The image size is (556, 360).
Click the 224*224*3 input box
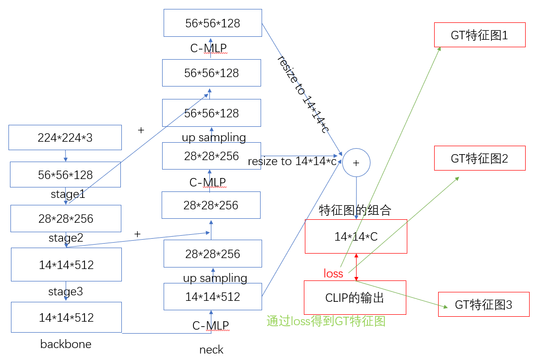point(65,138)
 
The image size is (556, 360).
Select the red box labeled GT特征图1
point(479,35)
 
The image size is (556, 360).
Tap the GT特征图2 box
point(479,159)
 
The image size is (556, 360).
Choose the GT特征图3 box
point(483,304)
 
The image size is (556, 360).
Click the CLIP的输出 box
point(355,298)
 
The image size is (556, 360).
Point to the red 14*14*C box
point(356,237)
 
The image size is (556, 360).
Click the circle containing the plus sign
point(356,163)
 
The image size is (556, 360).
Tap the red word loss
point(333,273)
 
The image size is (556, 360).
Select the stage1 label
point(68,194)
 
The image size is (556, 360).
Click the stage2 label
point(66,238)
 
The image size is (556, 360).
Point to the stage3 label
point(65,291)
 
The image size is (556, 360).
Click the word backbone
point(66,344)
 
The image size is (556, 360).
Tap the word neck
point(211,350)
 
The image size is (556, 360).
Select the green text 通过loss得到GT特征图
point(326,321)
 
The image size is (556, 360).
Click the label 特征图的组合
point(355,210)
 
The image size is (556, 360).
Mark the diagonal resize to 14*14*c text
point(303,94)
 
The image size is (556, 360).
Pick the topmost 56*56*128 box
point(212,23)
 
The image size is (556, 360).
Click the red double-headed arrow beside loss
point(356,267)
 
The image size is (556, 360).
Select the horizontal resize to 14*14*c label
point(292,162)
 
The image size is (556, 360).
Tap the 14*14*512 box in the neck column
point(212,297)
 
